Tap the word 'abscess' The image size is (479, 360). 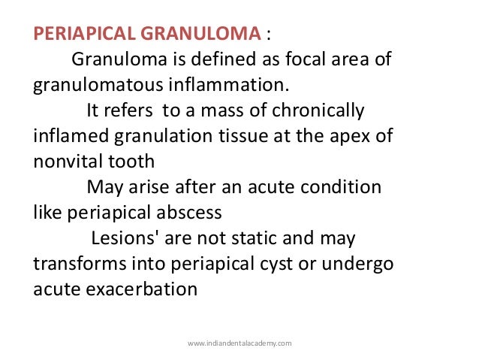[191, 212]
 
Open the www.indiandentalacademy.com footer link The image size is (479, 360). [239, 343]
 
